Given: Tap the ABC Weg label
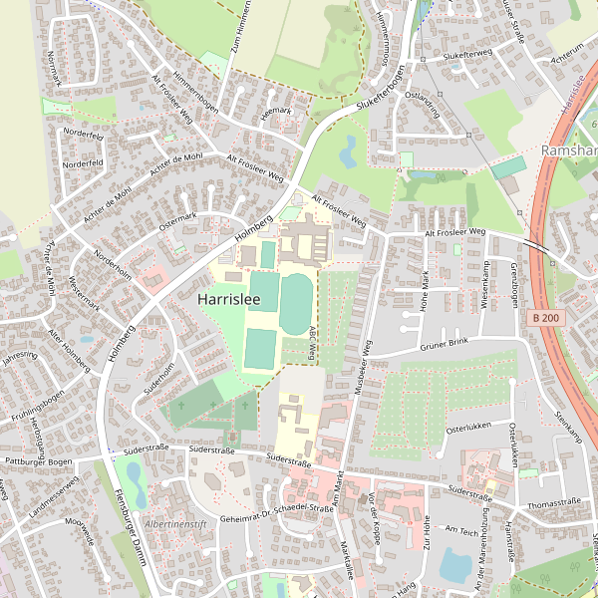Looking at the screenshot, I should pos(312,342).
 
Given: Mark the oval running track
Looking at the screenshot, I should pos(295,304).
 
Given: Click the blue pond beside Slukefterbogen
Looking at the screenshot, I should pos(348,151).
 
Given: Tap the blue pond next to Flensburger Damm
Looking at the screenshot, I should pos(137,485).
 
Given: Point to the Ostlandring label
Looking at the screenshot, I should pos(421,105).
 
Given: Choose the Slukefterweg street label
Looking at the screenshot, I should pos(467,53).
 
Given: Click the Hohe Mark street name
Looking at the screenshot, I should pos(426,291).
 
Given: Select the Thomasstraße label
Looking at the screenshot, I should pos(554,503).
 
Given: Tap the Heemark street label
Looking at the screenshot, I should pos(274,112).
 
